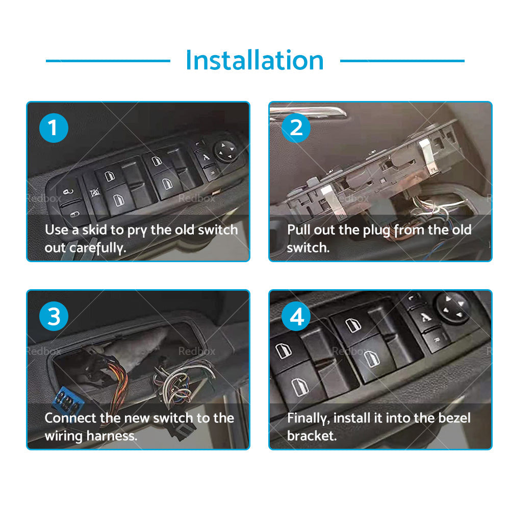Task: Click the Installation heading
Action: point(254,60)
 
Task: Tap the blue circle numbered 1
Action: point(54,128)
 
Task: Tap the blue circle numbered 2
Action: point(296,128)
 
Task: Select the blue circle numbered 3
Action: point(54,316)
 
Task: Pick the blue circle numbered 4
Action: point(296,316)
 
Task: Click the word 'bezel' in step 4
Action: point(454,418)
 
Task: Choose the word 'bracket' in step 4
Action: point(311,436)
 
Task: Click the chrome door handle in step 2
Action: point(308,113)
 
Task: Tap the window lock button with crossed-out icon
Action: point(95,193)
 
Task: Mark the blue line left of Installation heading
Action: point(108,61)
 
